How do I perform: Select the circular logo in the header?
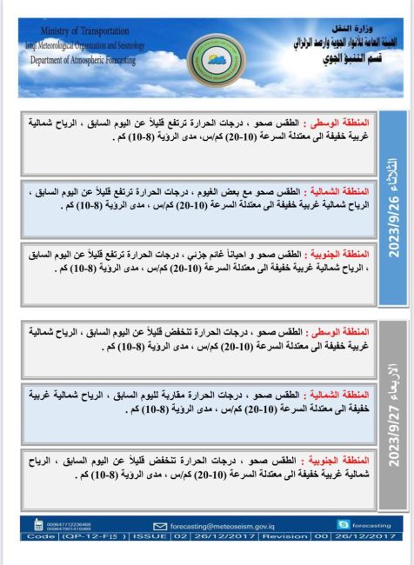point(207,56)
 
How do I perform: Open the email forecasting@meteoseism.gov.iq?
point(222,526)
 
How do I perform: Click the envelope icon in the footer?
point(159,526)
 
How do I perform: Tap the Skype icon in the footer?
point(343,525)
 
